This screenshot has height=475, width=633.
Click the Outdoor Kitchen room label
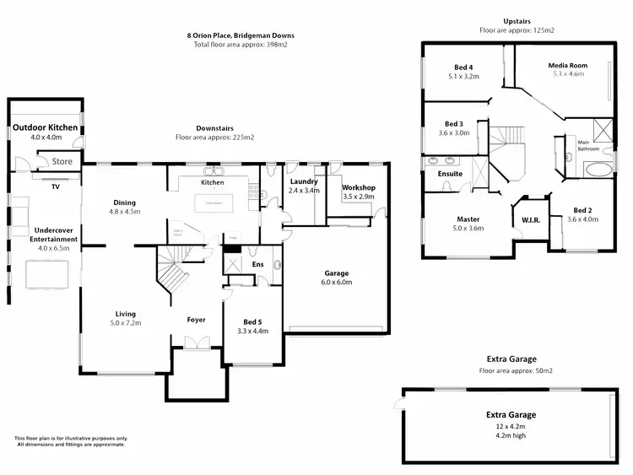click(46, 127)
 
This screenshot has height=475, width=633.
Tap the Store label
click(62, 160)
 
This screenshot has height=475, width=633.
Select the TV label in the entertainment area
click(56, 186)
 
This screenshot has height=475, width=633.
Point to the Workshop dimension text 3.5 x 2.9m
click(358, 196)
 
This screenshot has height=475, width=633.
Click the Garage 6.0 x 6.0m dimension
click(337, 283)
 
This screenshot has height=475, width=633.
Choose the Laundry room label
click(302, 181)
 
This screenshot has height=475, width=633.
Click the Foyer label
click(197, 320)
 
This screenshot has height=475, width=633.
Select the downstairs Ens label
click(258, 264)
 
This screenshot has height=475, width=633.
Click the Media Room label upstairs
click(567, 65)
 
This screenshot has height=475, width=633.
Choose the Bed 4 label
click(463, 67)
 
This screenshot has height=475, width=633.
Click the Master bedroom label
click(468, 219)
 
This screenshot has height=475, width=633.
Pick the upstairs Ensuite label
click(449, 174)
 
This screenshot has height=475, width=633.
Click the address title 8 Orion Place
click(241, 35)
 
